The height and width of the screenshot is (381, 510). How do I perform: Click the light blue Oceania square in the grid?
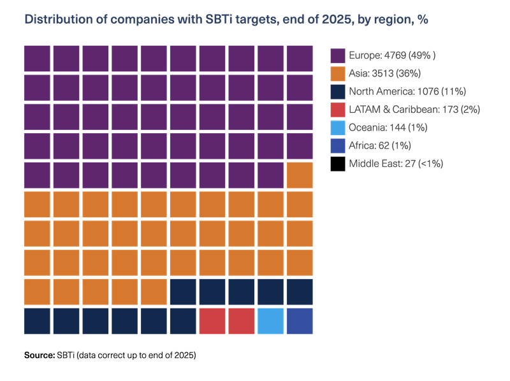[270, 321]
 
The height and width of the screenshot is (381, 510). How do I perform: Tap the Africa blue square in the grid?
[300, 321]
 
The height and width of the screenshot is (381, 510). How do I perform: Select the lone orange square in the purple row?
[300, 175]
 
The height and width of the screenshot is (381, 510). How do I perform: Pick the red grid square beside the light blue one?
[242, 321]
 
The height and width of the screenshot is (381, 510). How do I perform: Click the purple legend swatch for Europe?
[338, 55]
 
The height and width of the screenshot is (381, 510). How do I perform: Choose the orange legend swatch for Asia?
[338, 74]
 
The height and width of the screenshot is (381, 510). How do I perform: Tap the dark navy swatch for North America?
[338, 92]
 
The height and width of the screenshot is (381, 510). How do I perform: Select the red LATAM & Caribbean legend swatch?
[338, 110]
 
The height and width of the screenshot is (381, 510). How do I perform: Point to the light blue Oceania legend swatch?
[338, 128]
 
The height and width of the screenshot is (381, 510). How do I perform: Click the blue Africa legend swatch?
[338, 146]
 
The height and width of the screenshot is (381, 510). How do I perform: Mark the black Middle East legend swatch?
[338, 164]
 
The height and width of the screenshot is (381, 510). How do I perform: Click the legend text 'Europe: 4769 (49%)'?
[392, 55]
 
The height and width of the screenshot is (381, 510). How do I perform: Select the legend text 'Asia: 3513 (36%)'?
[385, 73]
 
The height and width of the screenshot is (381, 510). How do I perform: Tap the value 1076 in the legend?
[428, 91]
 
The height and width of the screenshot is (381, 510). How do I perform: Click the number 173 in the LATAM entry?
[450, 110]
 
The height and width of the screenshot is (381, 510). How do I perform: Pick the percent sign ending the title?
[423, 20]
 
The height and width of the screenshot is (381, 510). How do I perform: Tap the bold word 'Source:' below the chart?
[40, 355]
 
